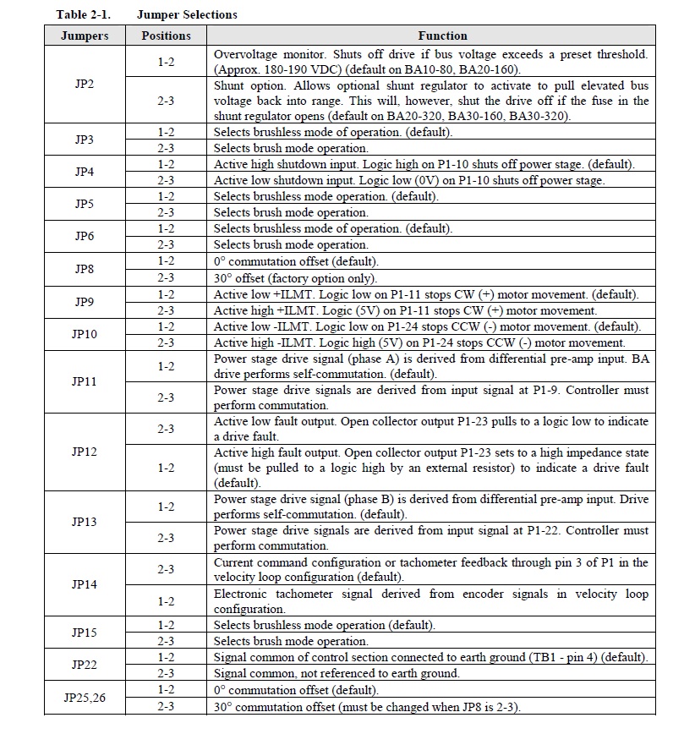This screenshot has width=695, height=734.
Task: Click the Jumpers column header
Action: [x=85, y=36]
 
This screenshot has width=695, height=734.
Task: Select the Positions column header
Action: [x=166, y=36]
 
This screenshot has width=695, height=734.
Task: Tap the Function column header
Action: [x=442, y=36]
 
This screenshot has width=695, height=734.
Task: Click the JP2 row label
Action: [x=85, y=85]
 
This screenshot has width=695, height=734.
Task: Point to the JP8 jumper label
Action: [x=85, y=269]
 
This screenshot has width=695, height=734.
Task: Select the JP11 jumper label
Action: [x=85, y=381]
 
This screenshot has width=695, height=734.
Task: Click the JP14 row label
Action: [x=85, y=584]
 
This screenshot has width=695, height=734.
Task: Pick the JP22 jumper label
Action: [x=85, y=665]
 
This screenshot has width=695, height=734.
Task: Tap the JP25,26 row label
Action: [x=85, y=698]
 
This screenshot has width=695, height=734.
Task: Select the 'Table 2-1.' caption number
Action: [x=83, y=14]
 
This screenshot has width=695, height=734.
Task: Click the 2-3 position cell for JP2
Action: [x=166, y=101]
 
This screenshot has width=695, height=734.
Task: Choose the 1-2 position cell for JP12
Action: [x=166, y=468]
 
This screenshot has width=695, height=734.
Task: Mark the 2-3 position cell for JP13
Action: [x=166, y=538]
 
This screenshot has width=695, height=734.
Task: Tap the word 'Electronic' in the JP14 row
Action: [x=242, y=594]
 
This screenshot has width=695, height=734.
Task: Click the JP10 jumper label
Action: [x=85, y=334]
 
